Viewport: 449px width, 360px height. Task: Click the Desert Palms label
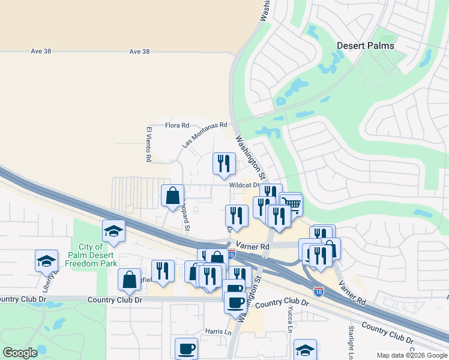365,46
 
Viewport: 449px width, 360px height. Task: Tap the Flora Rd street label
176,125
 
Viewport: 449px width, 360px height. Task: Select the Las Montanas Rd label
205,133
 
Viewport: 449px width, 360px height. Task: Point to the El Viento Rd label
148,144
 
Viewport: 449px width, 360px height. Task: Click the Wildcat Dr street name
244,185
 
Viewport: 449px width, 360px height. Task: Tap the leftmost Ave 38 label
40,52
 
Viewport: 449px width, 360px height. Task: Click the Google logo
20,353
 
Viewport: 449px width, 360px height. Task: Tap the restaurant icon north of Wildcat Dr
223,163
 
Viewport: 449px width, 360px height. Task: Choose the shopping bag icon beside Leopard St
173,195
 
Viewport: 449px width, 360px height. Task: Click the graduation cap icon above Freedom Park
113,230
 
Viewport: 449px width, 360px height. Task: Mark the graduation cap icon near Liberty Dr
46,260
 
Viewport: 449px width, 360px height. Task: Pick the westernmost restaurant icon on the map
163,270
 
